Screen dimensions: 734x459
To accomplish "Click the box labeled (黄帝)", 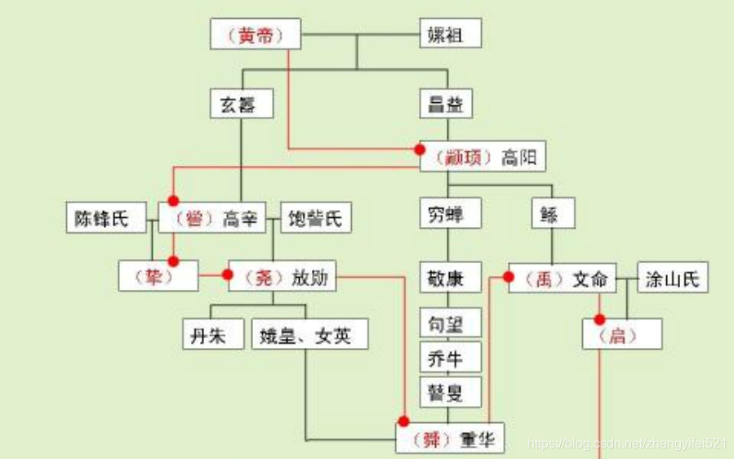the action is (x=256, y=35).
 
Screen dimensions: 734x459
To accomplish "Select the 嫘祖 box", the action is (x=450, y=34).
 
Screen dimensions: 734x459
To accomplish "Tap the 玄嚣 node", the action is (x=240, y=105).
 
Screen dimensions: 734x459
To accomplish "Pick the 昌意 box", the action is (x=447, y=105).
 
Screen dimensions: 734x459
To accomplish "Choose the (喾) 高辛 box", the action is (x=212, y=218).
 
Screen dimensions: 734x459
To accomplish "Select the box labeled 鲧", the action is (x=553, y=214).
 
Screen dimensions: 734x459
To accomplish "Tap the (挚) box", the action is (x=158, y=277).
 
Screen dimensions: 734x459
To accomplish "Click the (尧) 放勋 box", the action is (x=282, y=277).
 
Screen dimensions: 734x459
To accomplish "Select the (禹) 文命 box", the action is (x=562, y=278).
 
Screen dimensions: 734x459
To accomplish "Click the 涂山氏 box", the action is (x=672, y=278).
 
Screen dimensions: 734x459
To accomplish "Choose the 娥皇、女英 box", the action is (x=309, y=334).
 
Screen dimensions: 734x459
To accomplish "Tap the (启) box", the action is (x=621, y=334).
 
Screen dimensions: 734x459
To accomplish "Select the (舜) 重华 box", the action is (x=451, y=439).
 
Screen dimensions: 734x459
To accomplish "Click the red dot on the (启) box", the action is (x=599, y=319).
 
